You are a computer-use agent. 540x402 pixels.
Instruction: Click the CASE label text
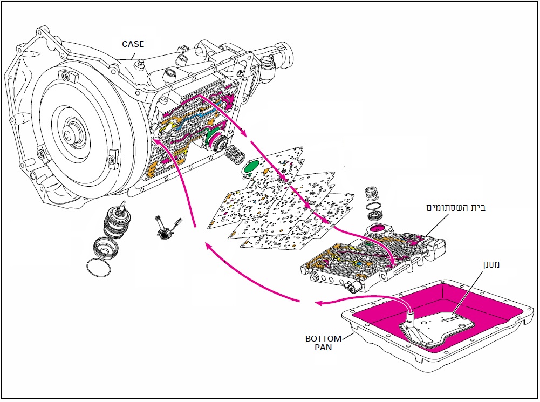[x=133, y=44]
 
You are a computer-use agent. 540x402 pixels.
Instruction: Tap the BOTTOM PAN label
[x=323, y=343]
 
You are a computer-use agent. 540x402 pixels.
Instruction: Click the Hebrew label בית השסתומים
[x=456, y=208]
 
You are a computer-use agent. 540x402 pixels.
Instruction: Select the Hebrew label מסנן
[x=490, y=265]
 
